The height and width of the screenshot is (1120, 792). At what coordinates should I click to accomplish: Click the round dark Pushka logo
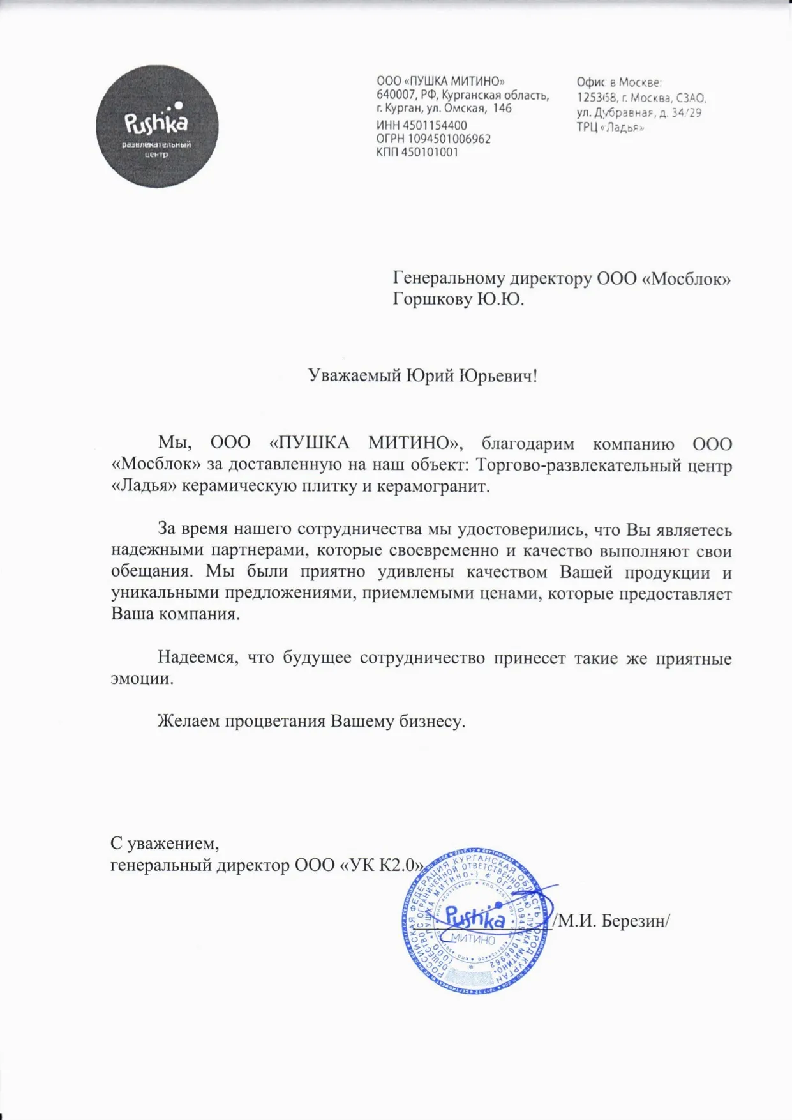(157, 126)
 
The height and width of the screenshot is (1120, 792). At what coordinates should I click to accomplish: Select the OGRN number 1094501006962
(449, 139)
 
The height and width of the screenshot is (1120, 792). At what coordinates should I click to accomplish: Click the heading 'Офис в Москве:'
(619, 82)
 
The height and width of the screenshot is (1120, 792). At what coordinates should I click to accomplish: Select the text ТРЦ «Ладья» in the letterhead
(611, 127)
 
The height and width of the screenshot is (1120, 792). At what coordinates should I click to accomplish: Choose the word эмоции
(142, 678)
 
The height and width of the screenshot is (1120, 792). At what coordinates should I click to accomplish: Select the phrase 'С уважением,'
(165, 844)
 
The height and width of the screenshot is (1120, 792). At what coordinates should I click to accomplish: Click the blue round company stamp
(474, 921)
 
